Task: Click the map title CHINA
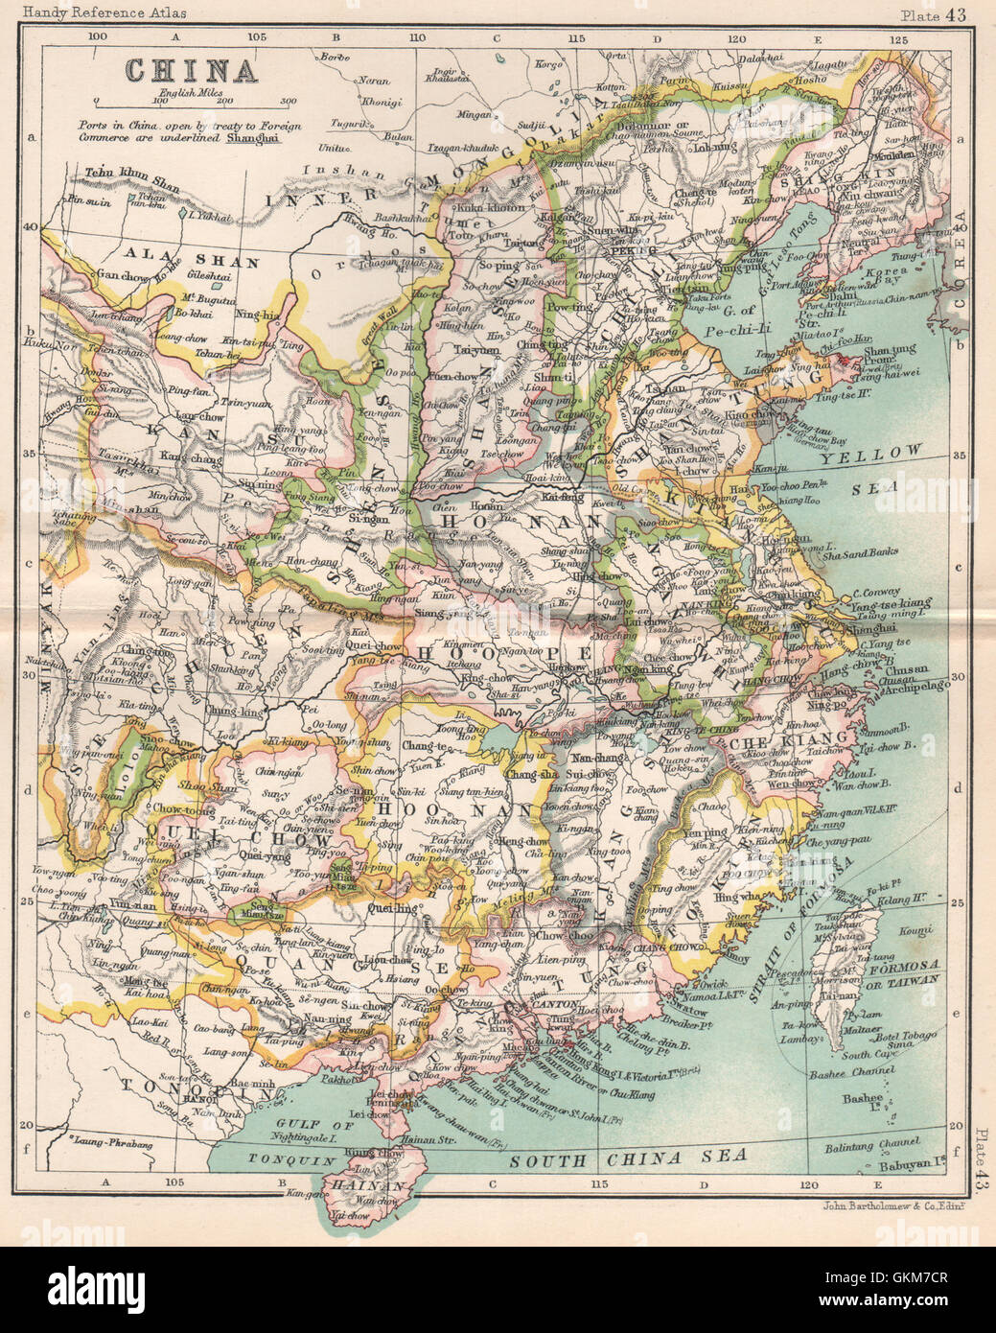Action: click(x=192, y=71)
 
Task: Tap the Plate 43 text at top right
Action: click(x=935, y=13)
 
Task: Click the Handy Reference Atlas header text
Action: click(x=93, y=13)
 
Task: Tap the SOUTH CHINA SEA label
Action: click(x=628, y=1158)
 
